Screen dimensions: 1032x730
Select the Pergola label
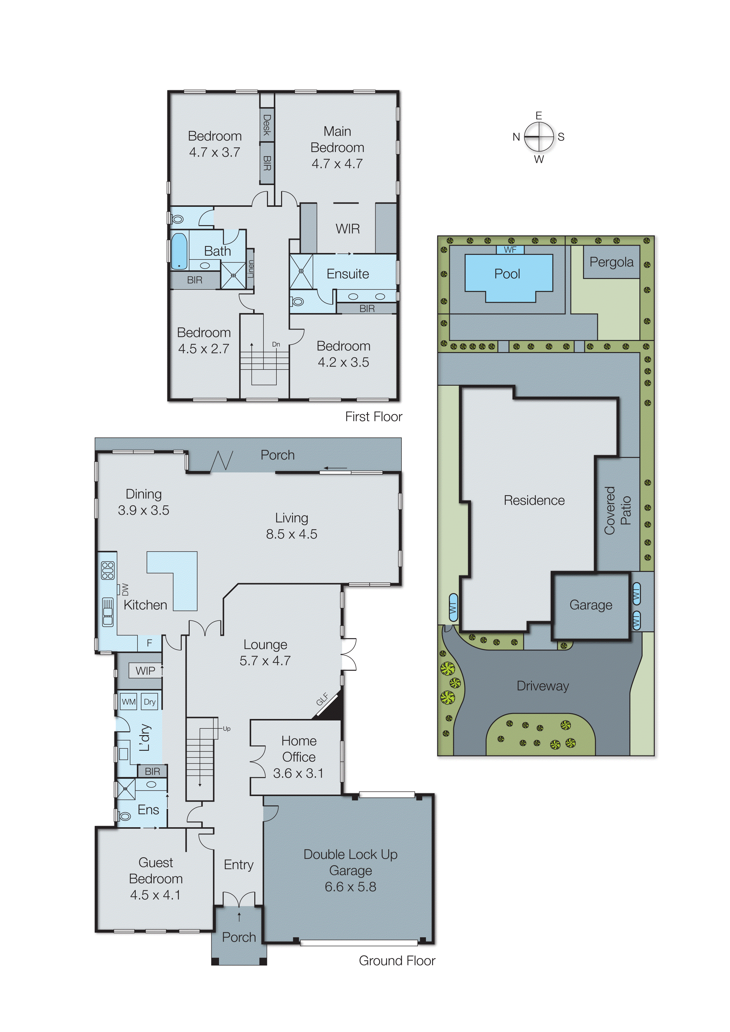click(x=611, y=262)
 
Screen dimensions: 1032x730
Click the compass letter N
click(x=516, y=137)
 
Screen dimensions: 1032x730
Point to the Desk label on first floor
click(x=267, y=125)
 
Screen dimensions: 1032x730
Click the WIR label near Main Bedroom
click(x=347, y=229)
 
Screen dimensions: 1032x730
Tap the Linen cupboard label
click(x=250, y=269)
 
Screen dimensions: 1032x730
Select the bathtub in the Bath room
click(x=179, y=251)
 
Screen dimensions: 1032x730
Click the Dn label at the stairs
click(x=276, y=344)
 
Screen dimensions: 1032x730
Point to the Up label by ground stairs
click(x=226, y=729)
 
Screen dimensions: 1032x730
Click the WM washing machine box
click(x=129, y=702)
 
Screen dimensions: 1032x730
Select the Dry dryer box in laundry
click(x=150, y=702)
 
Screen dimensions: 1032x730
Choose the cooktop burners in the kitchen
click(x=107, y=570)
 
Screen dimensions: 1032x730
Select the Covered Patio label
click(x=617, y=511)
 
